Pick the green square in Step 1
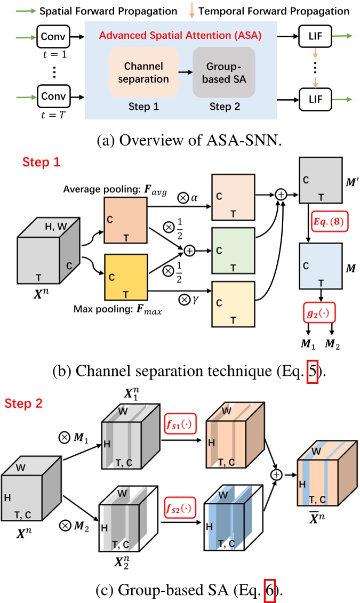[233, 248]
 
